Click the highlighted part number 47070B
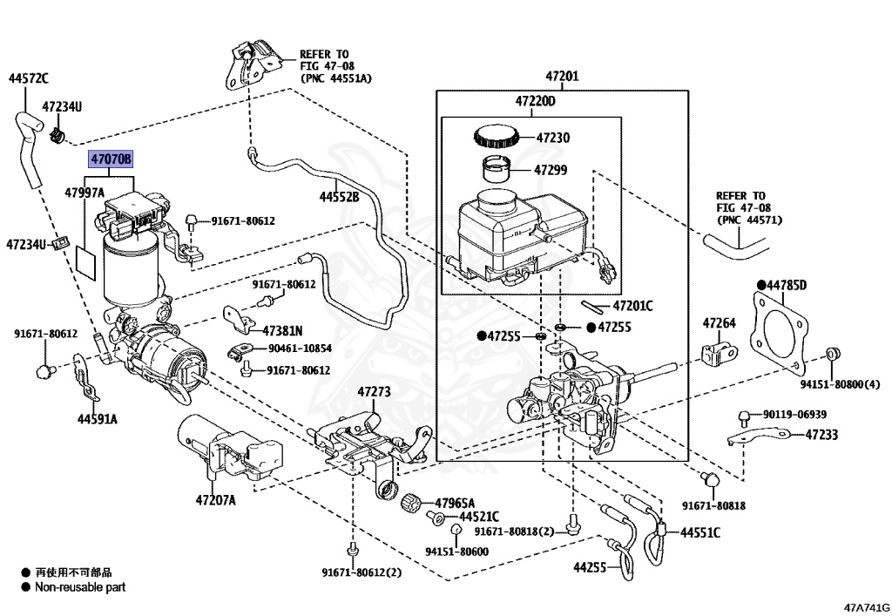click(x=111, y=160)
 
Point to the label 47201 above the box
click(x=561, y=77)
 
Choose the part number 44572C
click(x=29, y=79)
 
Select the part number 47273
click(x=375, y=392)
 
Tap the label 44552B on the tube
click(x=339, y=197)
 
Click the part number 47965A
click(x=456, y=503)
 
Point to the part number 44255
click(x=590, y=567)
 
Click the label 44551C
click(x=700, y=532)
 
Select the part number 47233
click(x=821, y=434)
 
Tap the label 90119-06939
click(x=794, y=414)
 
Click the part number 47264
click(x=720, y=323)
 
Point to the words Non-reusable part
click(x=80, y=587)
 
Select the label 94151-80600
click(x=456, y=552)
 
